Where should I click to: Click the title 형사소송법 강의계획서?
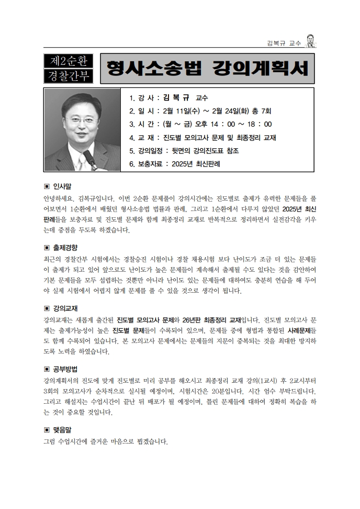pyautogui.click(x=207, y=69)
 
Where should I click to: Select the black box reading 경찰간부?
pyautogui.click(x=68, y=76)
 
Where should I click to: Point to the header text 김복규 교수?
pyautogui.click(x=284, y=43)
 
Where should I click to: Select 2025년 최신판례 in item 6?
pyautogui.click(x=193, y=163)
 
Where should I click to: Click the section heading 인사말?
pyautogui.click(x=62, y=186)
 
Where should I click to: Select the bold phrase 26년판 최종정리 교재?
pyautogui.click(x=218, y=319)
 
